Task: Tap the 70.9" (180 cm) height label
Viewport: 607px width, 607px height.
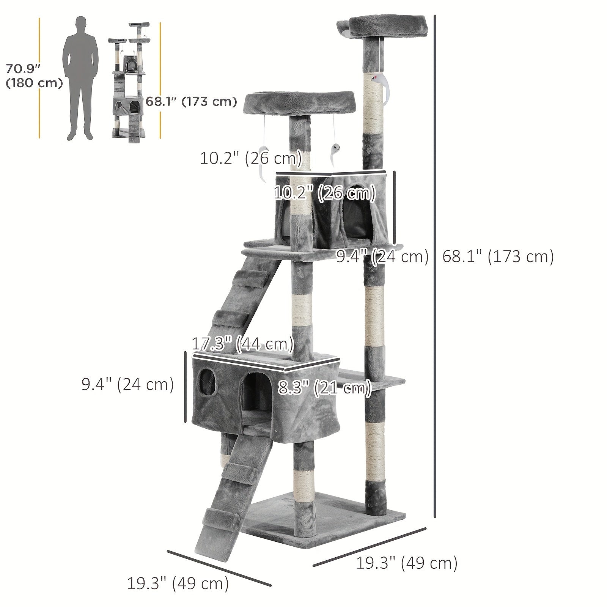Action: click(33, 76)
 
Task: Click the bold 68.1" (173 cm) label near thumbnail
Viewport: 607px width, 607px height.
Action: click(191, 101)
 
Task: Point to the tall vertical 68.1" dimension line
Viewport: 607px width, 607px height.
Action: click(435, 266)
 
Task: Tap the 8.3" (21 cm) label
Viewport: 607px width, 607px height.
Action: click(324, 388)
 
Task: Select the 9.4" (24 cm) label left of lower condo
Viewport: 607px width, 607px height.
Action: click(127, 384)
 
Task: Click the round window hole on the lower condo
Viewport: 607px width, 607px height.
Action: click(207, 382)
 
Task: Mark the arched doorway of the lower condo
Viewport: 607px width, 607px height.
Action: click(255, 395)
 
